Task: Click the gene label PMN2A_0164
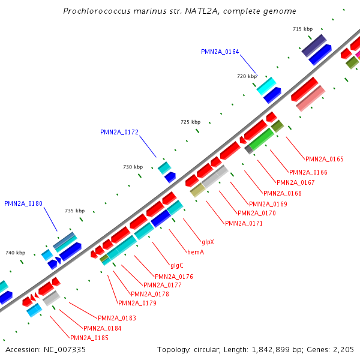click(x=220, y=52)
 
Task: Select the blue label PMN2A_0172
click(x=119, y=132)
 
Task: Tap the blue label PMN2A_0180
click(x=23, y=204)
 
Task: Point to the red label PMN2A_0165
click(x=325, y=160)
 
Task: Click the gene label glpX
click(x=208, y=242)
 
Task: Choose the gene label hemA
click(x=196, y=253)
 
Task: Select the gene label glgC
click(x=177, y=265)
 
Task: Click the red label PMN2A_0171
click(x=244, y=224)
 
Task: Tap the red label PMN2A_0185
click(x=89, y=338)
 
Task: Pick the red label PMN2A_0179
click(x=137, y=304)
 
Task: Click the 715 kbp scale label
click(x=302, y=29)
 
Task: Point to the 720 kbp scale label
click(x=247, y=77)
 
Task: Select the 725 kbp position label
click(x=190, y=122)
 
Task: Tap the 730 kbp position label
click(x=133, y=167)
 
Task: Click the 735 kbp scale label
click(x=75, y=211)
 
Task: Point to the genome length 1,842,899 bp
click(x=280, y=350)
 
